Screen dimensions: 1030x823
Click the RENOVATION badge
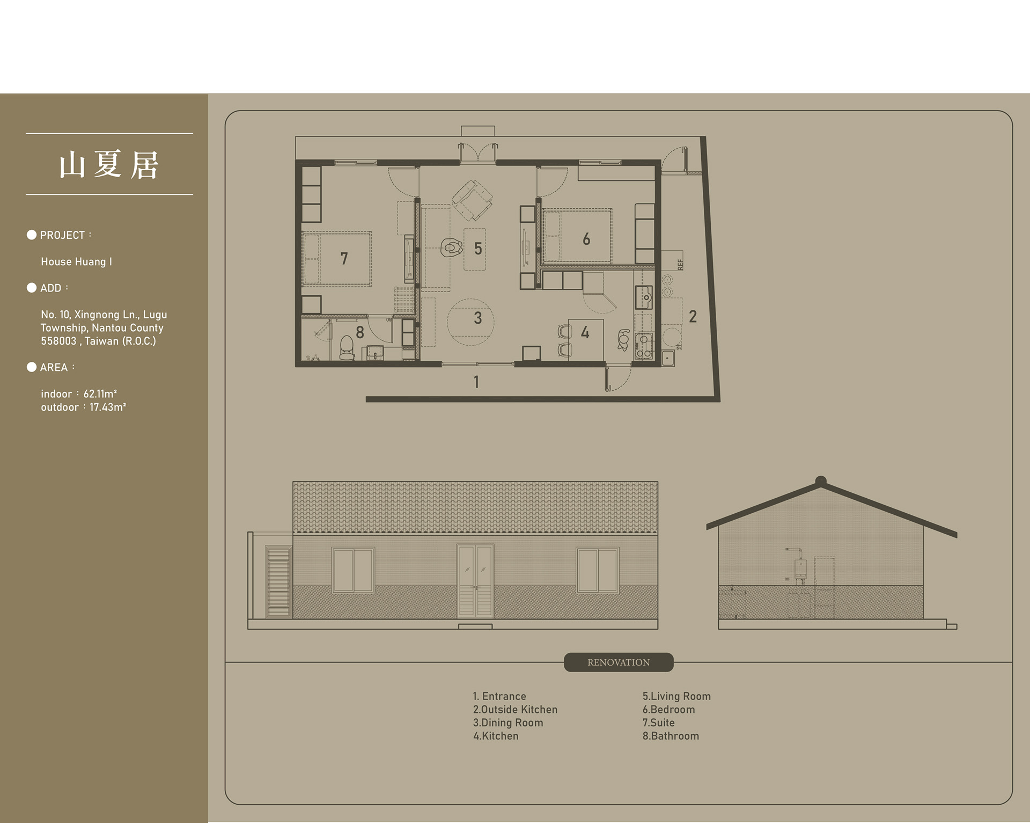pos(619,662)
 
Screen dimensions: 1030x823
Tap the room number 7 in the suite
pos(344,259)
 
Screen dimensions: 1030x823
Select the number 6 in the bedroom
pos(586,239)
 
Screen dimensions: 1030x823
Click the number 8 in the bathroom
pos(360,333)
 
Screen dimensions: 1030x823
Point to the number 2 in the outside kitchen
pos(693,317)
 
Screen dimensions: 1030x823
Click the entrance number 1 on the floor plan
pos(476,382)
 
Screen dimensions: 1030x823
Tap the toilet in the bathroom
pos(347,348)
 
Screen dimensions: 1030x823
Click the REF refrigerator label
pos(681,265)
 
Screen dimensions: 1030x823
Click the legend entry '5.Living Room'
pos(676,696)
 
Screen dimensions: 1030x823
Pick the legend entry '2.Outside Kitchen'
pos(515,710)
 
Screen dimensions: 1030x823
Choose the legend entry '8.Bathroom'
pos(671,736)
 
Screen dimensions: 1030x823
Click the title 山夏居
pos(109,164)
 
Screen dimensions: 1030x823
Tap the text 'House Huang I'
pos(76,262)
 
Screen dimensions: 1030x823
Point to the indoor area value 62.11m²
pos(100,394)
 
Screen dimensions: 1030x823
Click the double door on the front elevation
pos(475,581)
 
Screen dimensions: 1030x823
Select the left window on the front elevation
pos(353,570)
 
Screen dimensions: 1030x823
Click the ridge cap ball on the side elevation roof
pos(820,480)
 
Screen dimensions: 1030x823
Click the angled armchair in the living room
pos(472,200)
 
